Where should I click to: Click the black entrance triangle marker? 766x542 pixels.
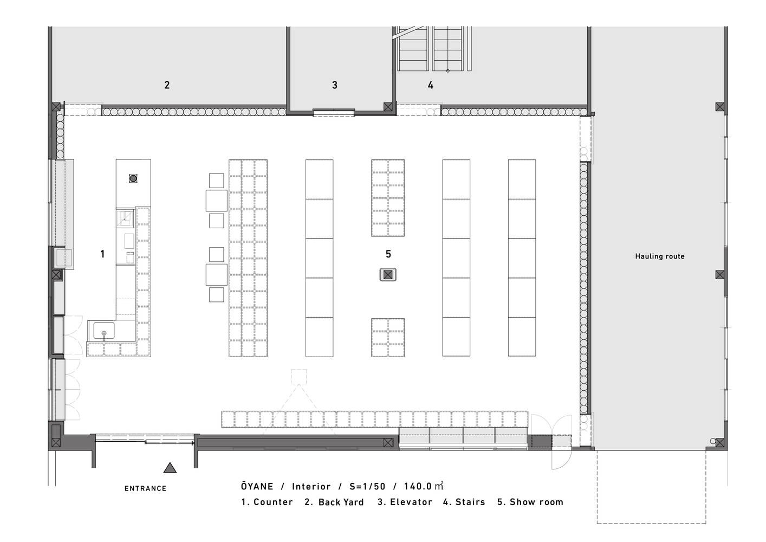coord(170,468)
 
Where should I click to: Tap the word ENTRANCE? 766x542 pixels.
coord(145,489)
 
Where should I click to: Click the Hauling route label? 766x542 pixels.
coord(660,256)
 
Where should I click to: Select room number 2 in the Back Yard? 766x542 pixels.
coord(167,85)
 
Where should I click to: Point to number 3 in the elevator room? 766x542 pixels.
coord(335,85)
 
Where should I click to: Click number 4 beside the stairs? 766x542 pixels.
coord(431,85)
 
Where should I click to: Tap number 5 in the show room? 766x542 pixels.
coord(388,254)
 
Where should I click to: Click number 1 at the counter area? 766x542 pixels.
coord(102,254)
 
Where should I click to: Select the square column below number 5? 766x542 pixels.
coord(388,274)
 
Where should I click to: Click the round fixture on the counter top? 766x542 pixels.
coord(133,178)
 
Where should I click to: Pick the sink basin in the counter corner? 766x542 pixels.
coord(104,330)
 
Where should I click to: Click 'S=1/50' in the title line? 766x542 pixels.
coord(367,487)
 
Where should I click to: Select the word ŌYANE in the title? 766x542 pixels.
coord(257,486)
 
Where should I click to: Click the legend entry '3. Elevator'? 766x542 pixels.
coord(405,502)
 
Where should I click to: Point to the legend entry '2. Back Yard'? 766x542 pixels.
coord(334,502)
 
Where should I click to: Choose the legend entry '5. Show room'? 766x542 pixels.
coord(530,502)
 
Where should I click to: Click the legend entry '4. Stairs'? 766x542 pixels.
coord(464,502)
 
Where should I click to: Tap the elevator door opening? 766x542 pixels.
coord(334,113)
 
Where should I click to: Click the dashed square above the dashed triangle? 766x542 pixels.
coord(299,376)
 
